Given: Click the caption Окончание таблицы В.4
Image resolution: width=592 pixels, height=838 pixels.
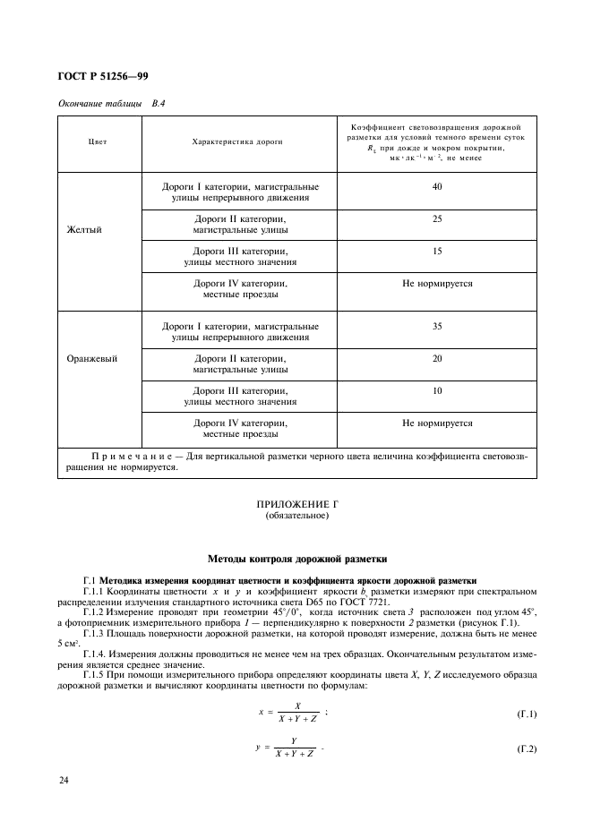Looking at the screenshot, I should pos(111,105).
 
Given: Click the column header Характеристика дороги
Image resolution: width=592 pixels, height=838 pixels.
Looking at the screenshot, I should pos(238,141).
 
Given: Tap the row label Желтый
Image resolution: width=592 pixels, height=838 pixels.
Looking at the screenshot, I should pos(85,229).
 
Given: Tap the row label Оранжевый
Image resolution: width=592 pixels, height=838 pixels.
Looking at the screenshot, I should pos(92,358).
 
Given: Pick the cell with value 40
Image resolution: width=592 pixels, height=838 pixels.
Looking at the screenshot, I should pos(436,187).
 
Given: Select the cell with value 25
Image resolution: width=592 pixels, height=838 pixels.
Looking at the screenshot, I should pos(436,219).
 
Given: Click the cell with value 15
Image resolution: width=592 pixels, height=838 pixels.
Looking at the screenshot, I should pos(436,252).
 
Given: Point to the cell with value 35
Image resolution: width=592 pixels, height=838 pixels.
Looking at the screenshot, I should pos(436,327).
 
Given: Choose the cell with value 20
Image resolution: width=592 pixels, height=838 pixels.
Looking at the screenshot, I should pos(436,359).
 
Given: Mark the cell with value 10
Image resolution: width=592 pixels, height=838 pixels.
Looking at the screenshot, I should pos(436,391).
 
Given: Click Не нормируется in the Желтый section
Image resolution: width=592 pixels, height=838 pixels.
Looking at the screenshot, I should pos(436,284).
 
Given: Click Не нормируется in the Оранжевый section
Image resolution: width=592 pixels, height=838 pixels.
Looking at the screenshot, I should pos(436,423).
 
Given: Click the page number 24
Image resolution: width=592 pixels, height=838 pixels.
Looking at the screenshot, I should pos(64,782).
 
